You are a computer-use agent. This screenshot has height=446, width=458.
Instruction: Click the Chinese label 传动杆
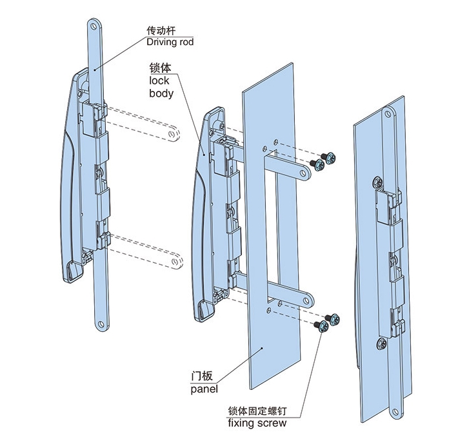(161, 30)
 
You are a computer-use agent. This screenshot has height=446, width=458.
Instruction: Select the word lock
(159, 81)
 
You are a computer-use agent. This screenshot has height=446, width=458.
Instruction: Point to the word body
(161, 93)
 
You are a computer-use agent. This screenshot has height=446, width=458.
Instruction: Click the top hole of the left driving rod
(94, 28)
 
